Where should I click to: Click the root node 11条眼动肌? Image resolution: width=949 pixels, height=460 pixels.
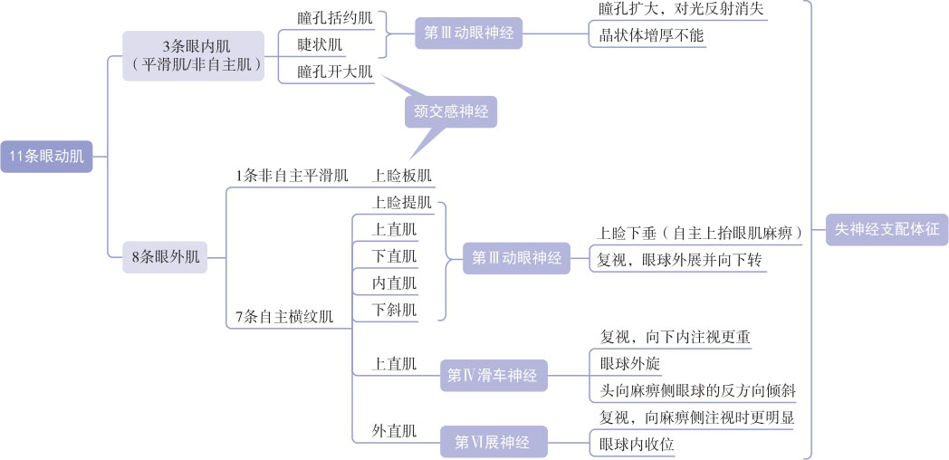[46, 157]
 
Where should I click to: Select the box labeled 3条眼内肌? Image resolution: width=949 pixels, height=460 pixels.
[193, 54]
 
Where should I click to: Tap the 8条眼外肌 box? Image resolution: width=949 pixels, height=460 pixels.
[165, 257]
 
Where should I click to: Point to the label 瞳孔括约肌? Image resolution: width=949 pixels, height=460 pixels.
[334, 18]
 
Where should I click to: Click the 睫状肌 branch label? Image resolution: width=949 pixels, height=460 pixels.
[321, 44]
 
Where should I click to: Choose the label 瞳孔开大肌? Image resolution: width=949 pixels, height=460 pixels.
[334, 72]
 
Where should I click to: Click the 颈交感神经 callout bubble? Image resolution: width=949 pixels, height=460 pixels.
[450, 111]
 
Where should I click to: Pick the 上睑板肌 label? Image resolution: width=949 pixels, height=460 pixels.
[401, 176]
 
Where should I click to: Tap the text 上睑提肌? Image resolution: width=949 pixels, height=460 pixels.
[401, 202]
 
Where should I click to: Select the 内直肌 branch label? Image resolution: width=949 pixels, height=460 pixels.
[395, 283]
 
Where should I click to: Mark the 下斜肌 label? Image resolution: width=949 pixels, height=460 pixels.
[395, 310]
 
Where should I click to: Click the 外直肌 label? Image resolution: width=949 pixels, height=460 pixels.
[395, 430]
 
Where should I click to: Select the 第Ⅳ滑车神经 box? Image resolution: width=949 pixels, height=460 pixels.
[494, 375]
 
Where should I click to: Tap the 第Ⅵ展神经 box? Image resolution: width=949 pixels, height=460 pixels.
[494, 442]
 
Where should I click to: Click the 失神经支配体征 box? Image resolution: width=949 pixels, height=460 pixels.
[887, 230]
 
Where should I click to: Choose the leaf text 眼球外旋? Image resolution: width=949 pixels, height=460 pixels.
[630, 364]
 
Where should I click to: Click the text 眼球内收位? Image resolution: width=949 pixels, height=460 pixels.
[637, 445]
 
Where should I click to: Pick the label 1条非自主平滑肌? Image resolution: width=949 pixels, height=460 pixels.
[292, 176]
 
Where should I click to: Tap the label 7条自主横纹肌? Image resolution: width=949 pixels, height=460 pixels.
[284, 317]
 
